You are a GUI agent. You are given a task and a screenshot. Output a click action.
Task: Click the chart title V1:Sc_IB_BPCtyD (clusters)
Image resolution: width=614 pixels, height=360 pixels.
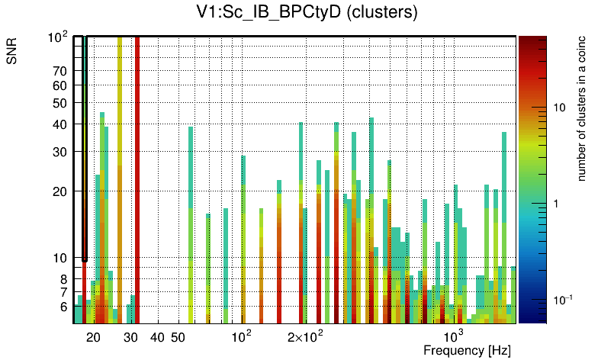(304, 13)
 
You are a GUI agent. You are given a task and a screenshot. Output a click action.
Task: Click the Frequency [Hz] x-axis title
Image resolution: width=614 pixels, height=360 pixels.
(467, 350)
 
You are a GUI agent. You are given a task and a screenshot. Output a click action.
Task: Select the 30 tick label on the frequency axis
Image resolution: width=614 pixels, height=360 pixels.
(130, 337)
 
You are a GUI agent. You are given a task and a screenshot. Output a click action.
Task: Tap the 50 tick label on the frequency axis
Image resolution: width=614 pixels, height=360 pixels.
(178, 337)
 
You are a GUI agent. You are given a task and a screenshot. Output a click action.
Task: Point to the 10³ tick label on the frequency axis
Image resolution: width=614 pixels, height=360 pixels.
(454, 336)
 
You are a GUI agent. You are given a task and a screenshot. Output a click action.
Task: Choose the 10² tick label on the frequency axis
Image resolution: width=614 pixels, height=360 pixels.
(242, 336)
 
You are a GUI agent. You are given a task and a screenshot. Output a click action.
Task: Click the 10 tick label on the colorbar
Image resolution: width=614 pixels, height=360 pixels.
(558, 108)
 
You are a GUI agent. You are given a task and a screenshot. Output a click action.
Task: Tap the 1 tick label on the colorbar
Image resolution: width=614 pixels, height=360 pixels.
(555, 204)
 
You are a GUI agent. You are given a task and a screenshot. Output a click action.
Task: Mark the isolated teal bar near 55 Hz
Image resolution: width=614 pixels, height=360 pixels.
(191, 221)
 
